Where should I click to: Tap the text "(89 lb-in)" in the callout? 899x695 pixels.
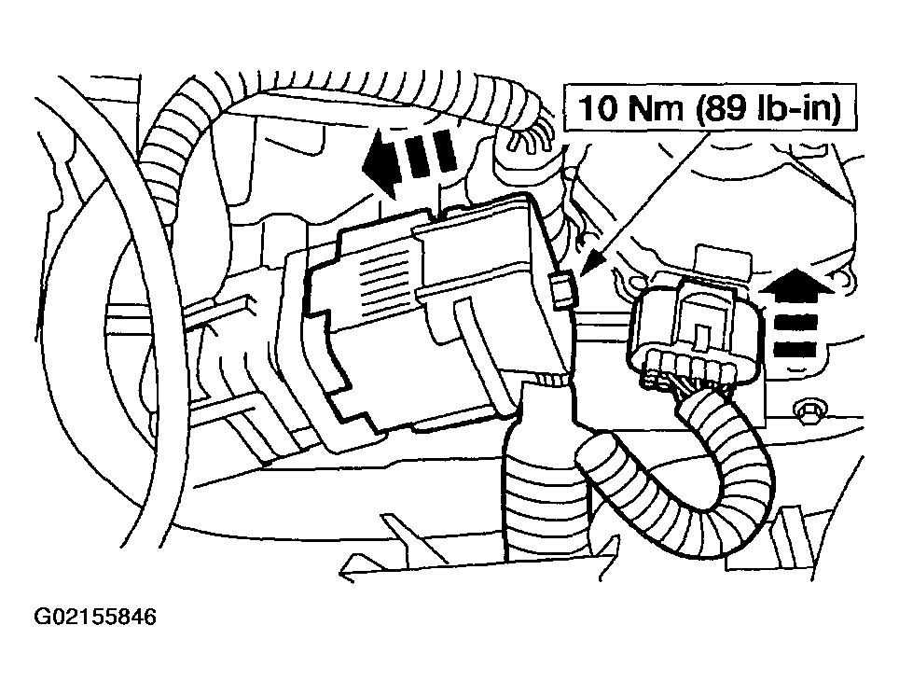(768, 109)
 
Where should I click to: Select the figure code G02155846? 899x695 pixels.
(95, 617)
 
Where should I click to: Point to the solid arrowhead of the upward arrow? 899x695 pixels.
(796, 285)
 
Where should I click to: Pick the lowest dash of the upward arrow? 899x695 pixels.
(795, 349)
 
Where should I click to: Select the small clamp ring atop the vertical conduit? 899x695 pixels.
(550, 379)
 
